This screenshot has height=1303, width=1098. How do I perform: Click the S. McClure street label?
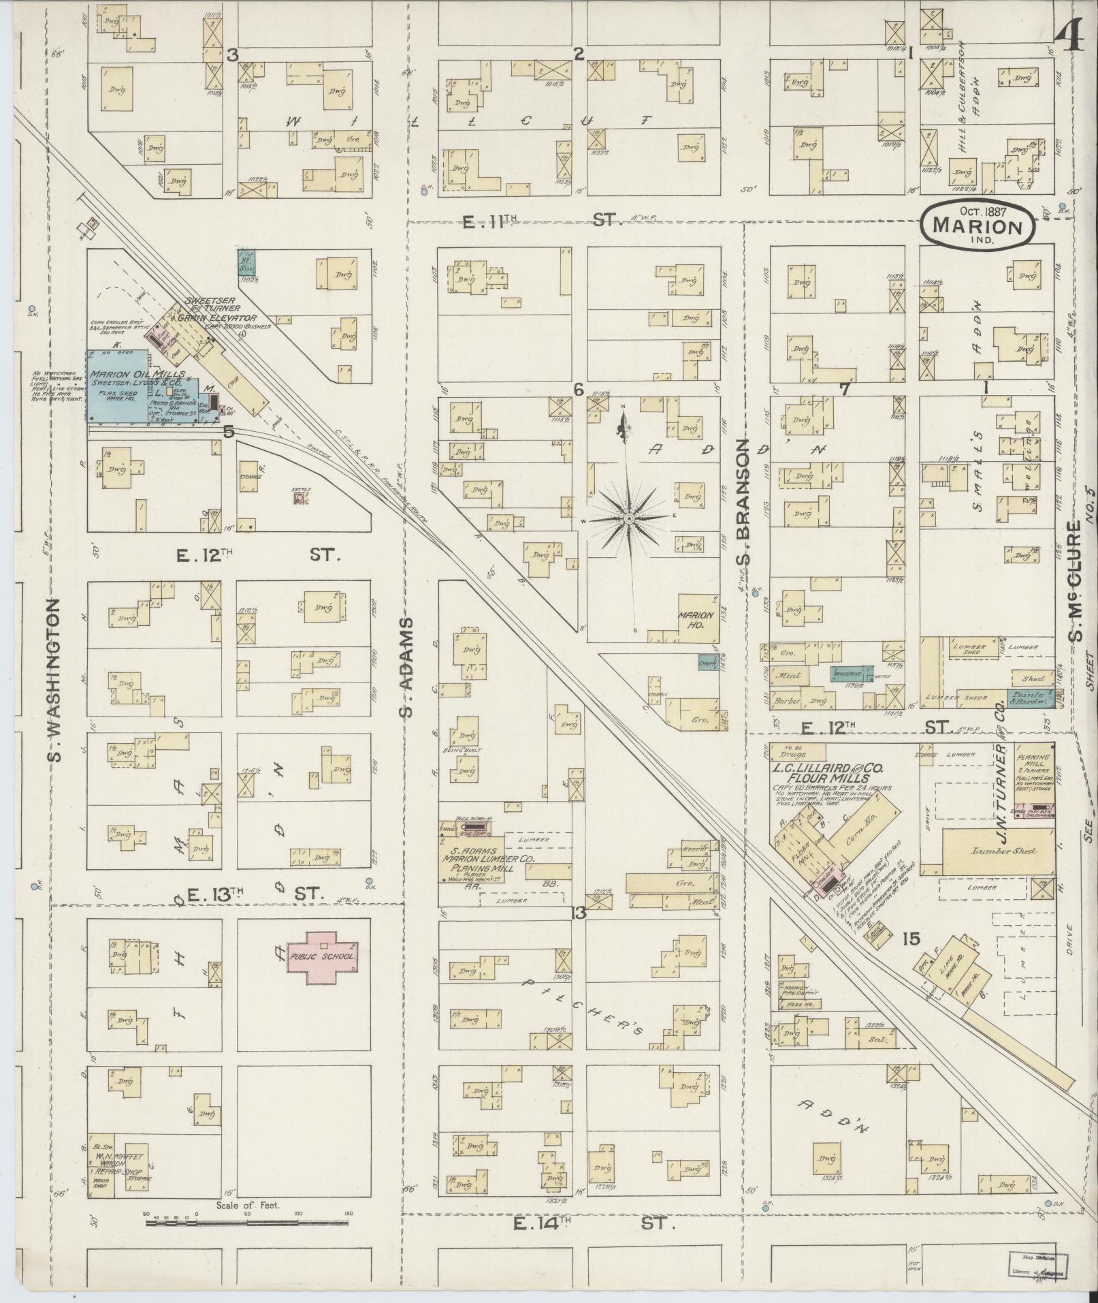point(1076,582)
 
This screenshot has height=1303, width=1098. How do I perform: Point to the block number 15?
point(911,939)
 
